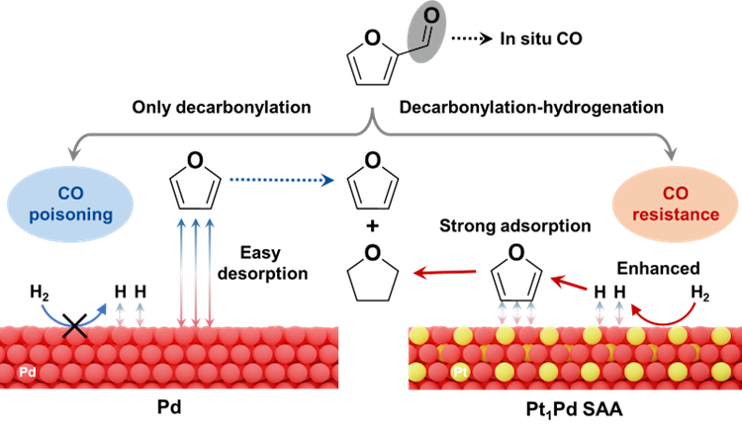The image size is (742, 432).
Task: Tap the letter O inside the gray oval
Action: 432,15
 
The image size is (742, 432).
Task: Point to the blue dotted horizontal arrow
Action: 282,180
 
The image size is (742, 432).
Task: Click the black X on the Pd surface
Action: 74,331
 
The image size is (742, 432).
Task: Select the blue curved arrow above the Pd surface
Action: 74,314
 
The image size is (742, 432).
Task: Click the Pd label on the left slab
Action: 28,373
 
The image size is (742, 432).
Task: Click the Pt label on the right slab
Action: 460,373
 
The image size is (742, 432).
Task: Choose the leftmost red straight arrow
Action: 444,272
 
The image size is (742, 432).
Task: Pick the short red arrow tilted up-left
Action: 568,283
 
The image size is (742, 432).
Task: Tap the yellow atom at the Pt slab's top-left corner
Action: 419,335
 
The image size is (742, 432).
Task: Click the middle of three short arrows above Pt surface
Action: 516,312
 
